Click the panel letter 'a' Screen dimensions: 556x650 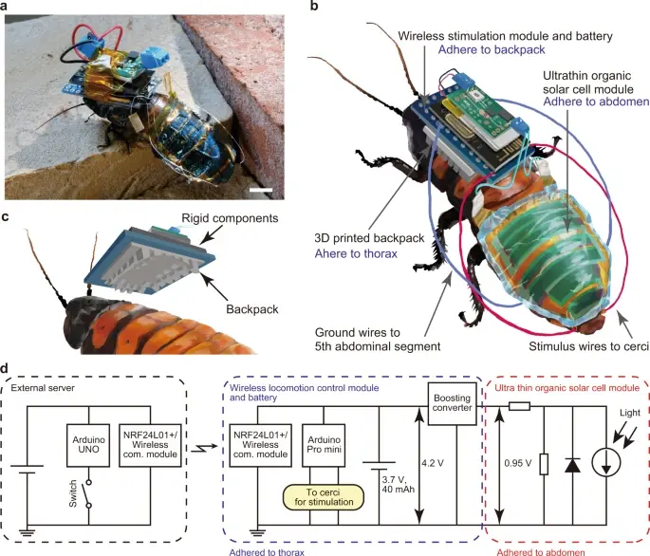point(8,7)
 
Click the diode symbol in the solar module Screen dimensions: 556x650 point(571,465)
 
